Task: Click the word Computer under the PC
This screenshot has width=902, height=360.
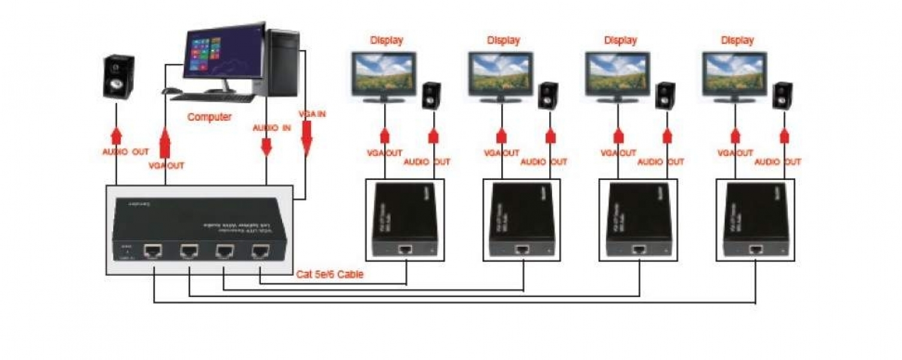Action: click(209, 117)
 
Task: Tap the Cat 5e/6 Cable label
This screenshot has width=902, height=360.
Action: click(329, 275)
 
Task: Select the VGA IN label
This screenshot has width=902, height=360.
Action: click(311, 113)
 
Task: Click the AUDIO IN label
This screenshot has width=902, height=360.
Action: click(271, 128)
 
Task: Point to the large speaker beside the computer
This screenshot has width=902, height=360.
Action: click(118, 76)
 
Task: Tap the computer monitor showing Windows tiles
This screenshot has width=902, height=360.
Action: click(224, 52)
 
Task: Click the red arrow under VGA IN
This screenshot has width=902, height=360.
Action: click(307, 137)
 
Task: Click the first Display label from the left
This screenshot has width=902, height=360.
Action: click(386, 41)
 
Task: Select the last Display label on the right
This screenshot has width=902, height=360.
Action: click(737, 41)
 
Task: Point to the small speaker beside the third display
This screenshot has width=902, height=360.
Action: click(664, 95)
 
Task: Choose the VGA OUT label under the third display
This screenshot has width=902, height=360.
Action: click(618, 153)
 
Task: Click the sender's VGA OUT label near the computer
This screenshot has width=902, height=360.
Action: click(166, 166)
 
